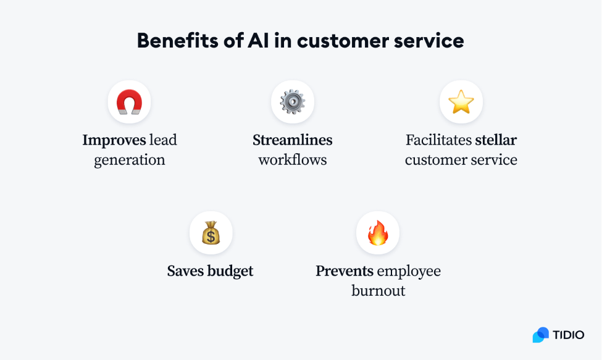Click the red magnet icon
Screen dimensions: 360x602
tap(129, 102)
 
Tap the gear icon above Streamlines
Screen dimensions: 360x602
tap(293, 102)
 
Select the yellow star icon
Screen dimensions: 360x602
tap(461, 102)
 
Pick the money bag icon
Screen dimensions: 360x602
tap(211, 233)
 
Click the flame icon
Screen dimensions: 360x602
tap(378, 233)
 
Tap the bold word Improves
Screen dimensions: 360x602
tap(114, 140)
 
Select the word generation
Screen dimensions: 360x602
tap(130, 160)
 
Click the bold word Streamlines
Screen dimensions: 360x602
tap(293, 140)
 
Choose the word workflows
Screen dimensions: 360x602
tap(293, 160)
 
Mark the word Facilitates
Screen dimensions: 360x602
tap(438, 140)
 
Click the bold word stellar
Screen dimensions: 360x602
tap(496, 140)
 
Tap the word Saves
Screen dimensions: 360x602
tap(186, 271)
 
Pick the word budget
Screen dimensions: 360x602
tap(231, 271)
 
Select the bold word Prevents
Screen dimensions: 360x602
tap(345, 271)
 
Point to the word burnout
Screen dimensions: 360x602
tap(378, 291)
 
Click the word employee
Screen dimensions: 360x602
tap(409, 272)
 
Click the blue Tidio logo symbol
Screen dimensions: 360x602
tap(541, 335)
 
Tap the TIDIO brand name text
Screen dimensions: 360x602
tap(569, 335)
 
